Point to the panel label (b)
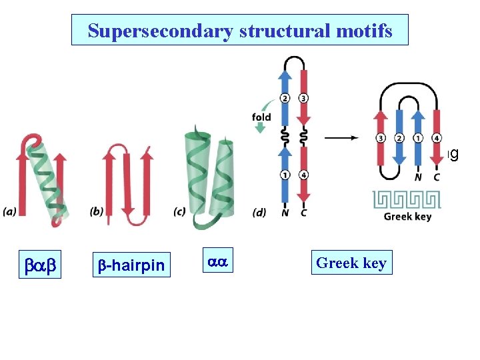(x=97, y=212)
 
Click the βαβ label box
(x=41, y=264)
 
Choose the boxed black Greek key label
(x=351, y=263)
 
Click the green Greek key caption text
(x=407, y=216)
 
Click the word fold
(x=261, y=117)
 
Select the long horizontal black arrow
(x=346, y=137)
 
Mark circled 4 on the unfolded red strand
(x=304, y=175)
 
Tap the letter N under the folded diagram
(x=418, y=177)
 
